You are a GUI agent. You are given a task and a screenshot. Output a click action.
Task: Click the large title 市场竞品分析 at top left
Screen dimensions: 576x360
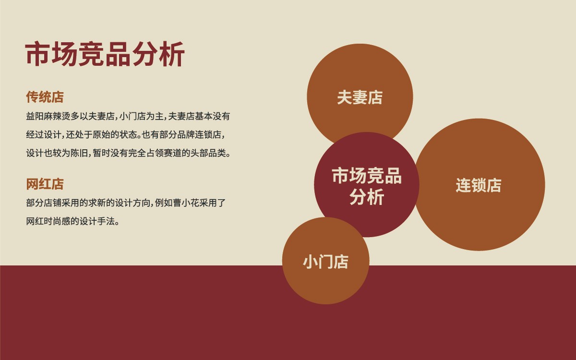click(x=105, y=54)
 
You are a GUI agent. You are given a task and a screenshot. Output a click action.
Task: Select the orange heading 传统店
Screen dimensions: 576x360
click(x=45, y=97)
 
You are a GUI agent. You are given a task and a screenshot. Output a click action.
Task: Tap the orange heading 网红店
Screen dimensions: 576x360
click(x=45, y=184)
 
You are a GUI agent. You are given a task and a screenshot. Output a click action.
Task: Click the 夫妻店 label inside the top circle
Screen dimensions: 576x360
click(x=360, y=97)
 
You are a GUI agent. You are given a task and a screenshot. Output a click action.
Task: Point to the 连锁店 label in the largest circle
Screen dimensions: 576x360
click(x=479, y=185)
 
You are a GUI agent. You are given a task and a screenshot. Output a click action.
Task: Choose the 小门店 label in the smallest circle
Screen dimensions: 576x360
click(x=325, y=262)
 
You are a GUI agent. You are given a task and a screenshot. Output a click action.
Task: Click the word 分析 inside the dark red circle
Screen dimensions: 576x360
click(x=367, y=197)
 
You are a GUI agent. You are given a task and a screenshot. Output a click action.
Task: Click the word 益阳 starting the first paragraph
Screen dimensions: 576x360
click(x=35, y=116)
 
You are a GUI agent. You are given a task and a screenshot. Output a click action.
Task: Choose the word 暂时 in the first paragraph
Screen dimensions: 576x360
click(x=101, y=153)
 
